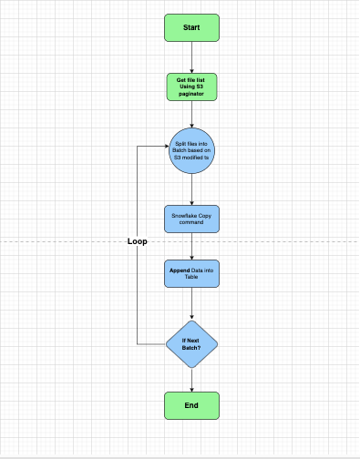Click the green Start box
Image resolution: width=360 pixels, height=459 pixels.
click(x=191, y=27)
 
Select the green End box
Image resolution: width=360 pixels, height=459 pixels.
click(x=191, y=405)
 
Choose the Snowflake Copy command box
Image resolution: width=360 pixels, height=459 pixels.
click(x=191, y=219)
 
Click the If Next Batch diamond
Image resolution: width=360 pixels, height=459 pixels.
click(x=191, y=343)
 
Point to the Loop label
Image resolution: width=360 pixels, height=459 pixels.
click(x=137, y=242)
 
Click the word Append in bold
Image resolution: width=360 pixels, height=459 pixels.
click(x=179, y=270)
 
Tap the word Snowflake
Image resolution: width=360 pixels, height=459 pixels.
click(x=182, y=215)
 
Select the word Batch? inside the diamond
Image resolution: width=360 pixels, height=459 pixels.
click(x=191, y=348)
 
